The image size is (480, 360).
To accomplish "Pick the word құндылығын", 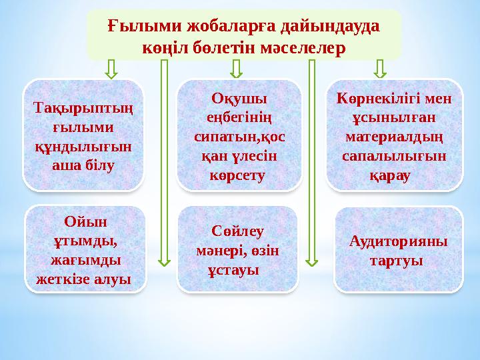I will point(83,146).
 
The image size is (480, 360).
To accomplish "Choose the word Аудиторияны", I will point(398,241).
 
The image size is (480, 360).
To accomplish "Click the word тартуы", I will point(397,260).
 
